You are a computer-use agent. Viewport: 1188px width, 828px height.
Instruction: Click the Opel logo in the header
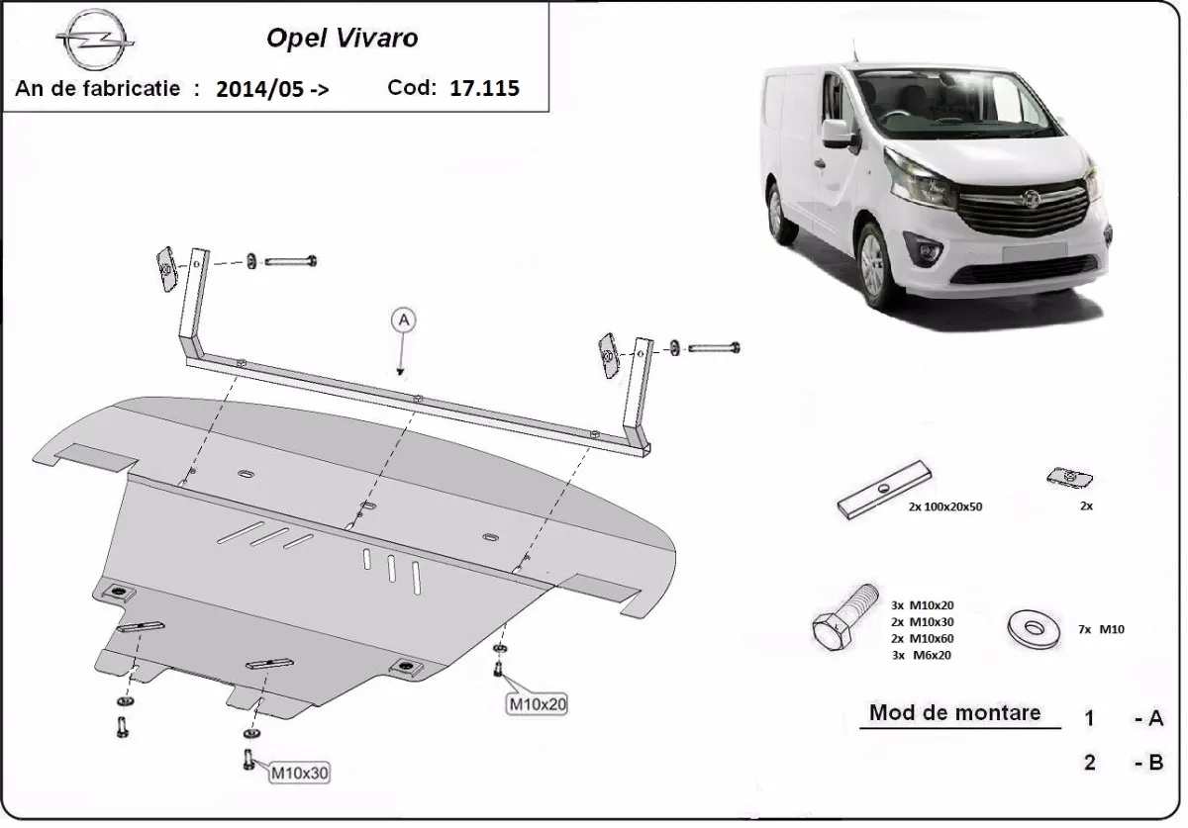coord(95,41)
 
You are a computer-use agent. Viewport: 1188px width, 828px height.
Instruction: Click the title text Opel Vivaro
coord(342,39)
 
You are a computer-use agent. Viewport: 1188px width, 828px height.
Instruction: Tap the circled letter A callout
coord(403,319)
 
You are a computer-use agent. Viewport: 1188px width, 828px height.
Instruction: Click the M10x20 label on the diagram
coord(538,704)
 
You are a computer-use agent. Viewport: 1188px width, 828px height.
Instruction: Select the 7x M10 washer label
coord(1101,629)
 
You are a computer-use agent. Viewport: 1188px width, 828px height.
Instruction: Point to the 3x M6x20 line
coord(922,655)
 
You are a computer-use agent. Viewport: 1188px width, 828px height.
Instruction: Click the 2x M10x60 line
coord(923,638)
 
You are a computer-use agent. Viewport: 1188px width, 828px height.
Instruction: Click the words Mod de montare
coord(954,713)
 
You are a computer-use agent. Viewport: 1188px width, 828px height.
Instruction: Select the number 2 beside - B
coord(1089,763)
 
